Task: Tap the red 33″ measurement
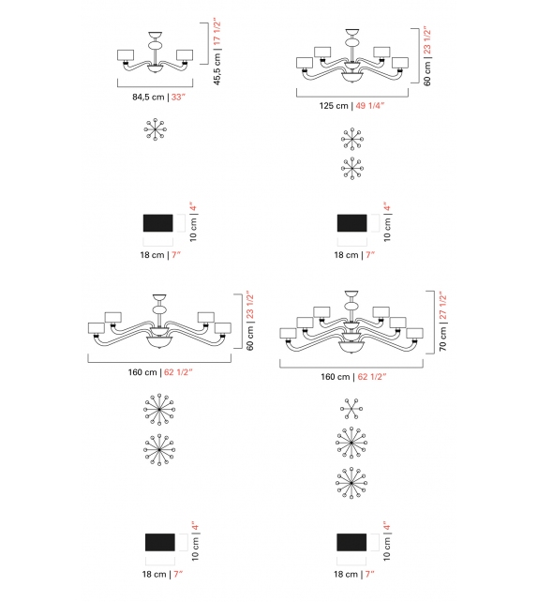pyautogui.click(x=174, y=94)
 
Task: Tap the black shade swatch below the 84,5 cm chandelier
pyautogui.click(x=157, y=222)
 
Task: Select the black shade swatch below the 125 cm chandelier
pyautogui.click(x=351, y=222)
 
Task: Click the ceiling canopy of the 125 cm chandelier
pyautogui.click(x=351, y=32)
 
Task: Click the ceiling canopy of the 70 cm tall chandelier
pyautogui.click(x=352, y=293)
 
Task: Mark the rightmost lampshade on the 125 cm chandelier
pyautogui.click(x=401, y=63)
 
